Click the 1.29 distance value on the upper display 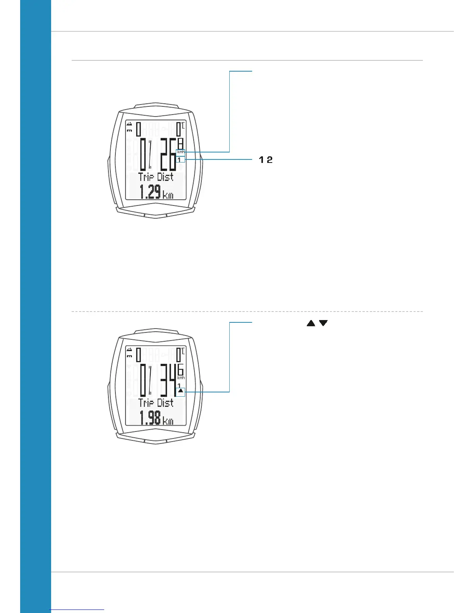pyautogui.click(x=150, y=192)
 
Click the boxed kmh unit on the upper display pyautogui.click(x=181, y=152)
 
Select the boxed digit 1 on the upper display pyautogui.click(x=179, y=160)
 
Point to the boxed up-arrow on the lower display pyautogui.click(x=180, y=391)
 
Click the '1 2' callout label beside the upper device pyautogui.click(x=266, y=159)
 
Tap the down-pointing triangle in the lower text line pyautogui.click(x=323, y=323)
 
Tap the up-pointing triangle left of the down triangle pyautogui.click(x=311, y=323)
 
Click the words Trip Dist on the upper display pyautogui.click(x=156, y=177)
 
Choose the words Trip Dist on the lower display pyautogui.click(x=156, y=403)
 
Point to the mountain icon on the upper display pyautogui.click(x=129, y=124)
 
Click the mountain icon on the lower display pyautogui.click(x=129, y=350)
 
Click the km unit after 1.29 pyautogui.click(x=168, y=195)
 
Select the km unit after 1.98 pyautogui.click(x=168, y=421)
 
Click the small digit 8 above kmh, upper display pyautogui.click(x=180, y=143)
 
